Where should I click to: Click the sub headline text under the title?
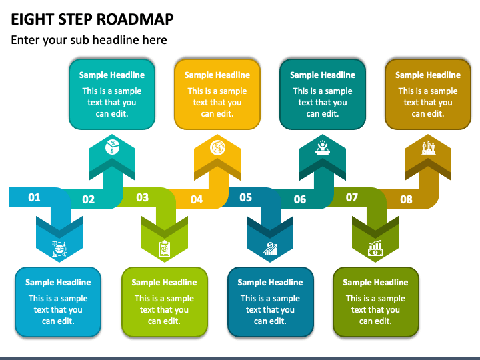click(89, 40)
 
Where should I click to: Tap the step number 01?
click(34, 197)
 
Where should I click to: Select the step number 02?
click(88, 199)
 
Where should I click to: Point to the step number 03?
click(142, 197)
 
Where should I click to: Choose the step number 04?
click(196, 199)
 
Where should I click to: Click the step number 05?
click(245, 197)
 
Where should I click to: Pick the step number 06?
click(300, 199)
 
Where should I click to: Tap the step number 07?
click(351, 197)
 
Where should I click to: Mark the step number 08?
click(406, 199)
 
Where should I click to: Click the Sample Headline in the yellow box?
click(217, 75)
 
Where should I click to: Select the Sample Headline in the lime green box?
click(164, 283)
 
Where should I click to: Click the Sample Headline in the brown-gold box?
click(428, 75)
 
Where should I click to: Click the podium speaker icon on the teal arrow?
click(323, 147)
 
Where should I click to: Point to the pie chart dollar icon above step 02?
click(112, 147)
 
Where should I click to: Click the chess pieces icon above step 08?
click(428, 147)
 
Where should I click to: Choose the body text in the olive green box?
click(375, 309)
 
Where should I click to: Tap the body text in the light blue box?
click(58, 309)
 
